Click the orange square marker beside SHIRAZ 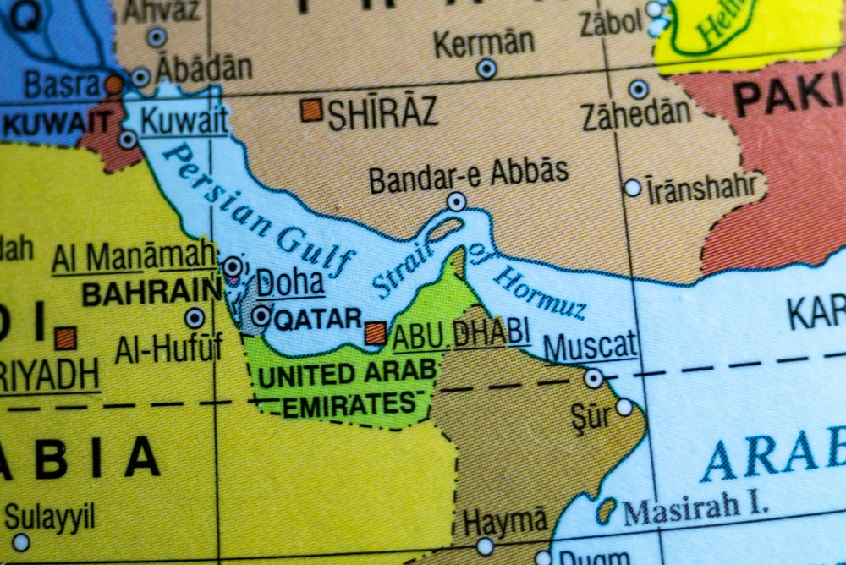pos(311,110)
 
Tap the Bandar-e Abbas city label pos(468,174)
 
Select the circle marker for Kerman pos(486,69)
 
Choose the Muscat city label pos(590,345)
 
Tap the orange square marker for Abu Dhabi pos(376,332)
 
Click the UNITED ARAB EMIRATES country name pos(347,387)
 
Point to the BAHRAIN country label pos(151,293)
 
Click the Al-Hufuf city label pos(169,348)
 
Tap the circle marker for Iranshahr pos(633,188)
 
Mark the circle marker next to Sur pos(624,407)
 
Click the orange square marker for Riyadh pos(65,338)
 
